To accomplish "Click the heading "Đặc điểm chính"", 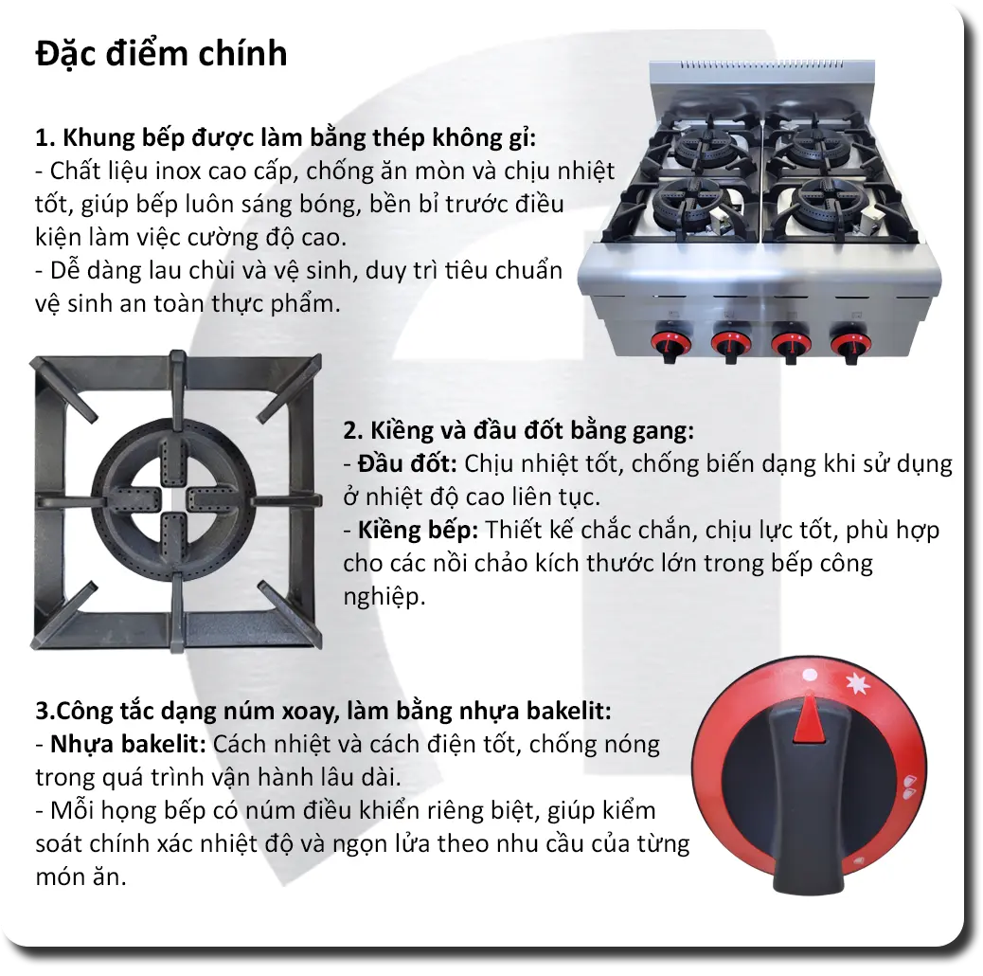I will coord(161,53).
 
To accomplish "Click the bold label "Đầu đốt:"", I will coord(407,464).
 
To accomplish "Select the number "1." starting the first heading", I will coord(45,138).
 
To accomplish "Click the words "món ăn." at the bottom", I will coord(80,877).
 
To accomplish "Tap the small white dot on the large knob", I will coord(809,677).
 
